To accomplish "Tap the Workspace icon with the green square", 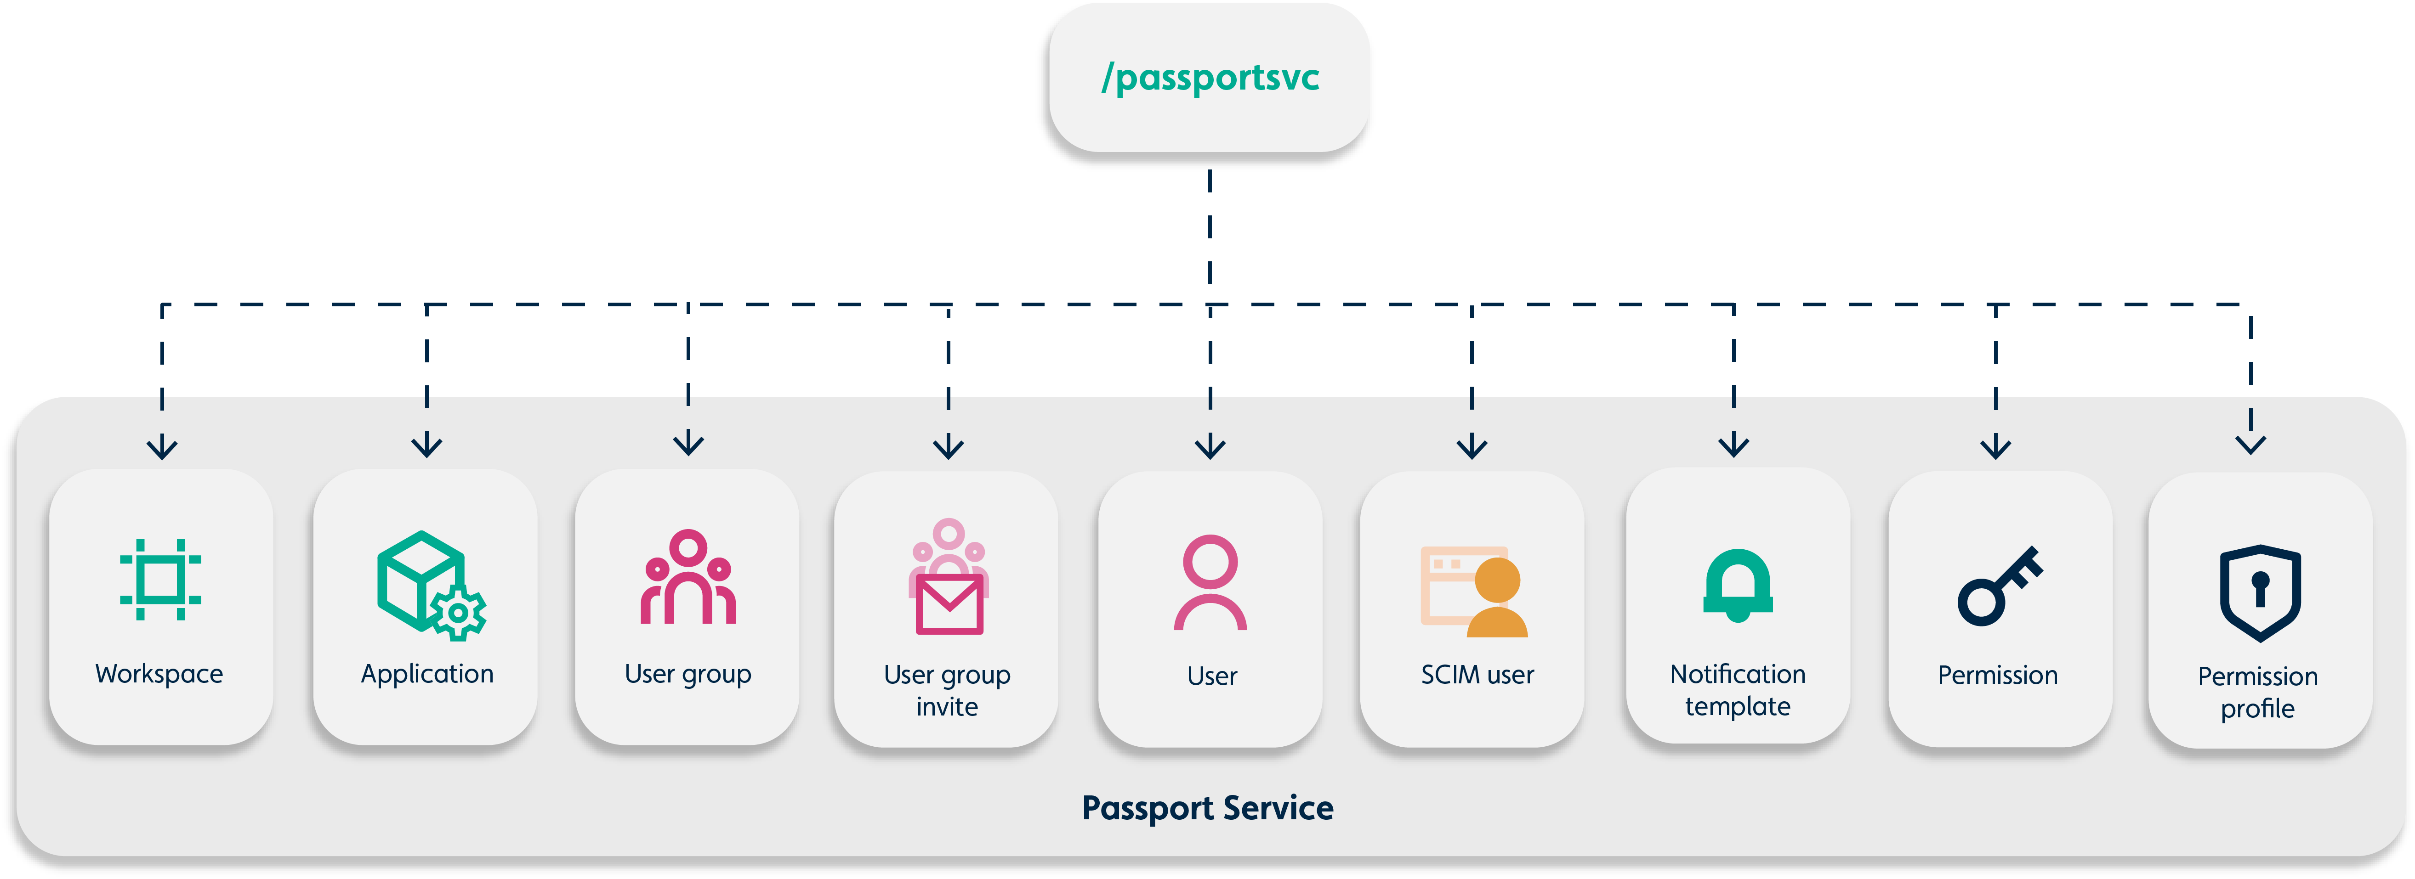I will [x=160, y=579].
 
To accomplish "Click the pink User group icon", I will [x=688, y=578].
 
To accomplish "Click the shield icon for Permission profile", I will [x=2259, y=592].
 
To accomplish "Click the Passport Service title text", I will [x=1208, y=808].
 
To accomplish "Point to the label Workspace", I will [x=159, y=674].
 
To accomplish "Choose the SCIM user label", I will [x=1477, y=675].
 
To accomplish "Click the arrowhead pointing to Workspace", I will [x=162, y=448].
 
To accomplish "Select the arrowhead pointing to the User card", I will [x=1210, y=447].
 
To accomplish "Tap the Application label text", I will [x=426, y=674].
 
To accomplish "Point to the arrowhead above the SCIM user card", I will [x=1472, y=447].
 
